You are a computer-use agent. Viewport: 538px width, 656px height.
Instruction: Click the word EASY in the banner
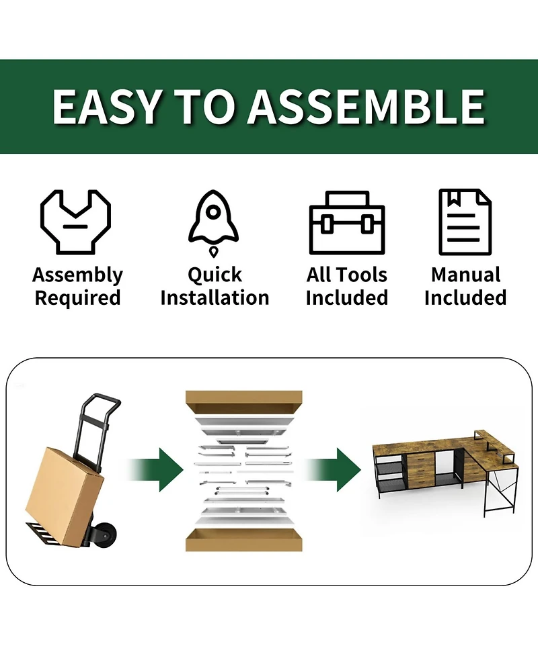click(x=108, y=107)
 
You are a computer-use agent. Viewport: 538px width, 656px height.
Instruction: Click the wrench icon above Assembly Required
click(x=76, y=222)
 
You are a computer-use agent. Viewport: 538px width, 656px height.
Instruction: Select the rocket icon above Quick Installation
click(x=214, y=223)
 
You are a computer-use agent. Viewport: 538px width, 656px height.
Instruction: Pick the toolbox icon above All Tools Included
click(x=347, y=222)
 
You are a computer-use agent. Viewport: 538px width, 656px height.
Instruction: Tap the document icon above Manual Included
click(x=465, y=222)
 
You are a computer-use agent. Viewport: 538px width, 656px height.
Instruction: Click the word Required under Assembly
click(x=77, y=298)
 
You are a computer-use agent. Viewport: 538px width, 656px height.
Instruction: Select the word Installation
click(x=215, y=298)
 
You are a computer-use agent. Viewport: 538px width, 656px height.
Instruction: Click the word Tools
click(x=364, y=275)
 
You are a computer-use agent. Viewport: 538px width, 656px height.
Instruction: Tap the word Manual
click(x=465, y=275)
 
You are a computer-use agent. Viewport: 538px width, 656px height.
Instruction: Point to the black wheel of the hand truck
click(x=106, y=532)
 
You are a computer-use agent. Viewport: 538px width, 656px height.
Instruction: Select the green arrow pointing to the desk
click(x=334, y=469)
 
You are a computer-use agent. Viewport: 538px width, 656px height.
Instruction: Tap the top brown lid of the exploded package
click(x=244, y=402)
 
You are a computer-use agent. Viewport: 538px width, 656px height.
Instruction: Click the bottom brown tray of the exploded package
click(x=244, y=540)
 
